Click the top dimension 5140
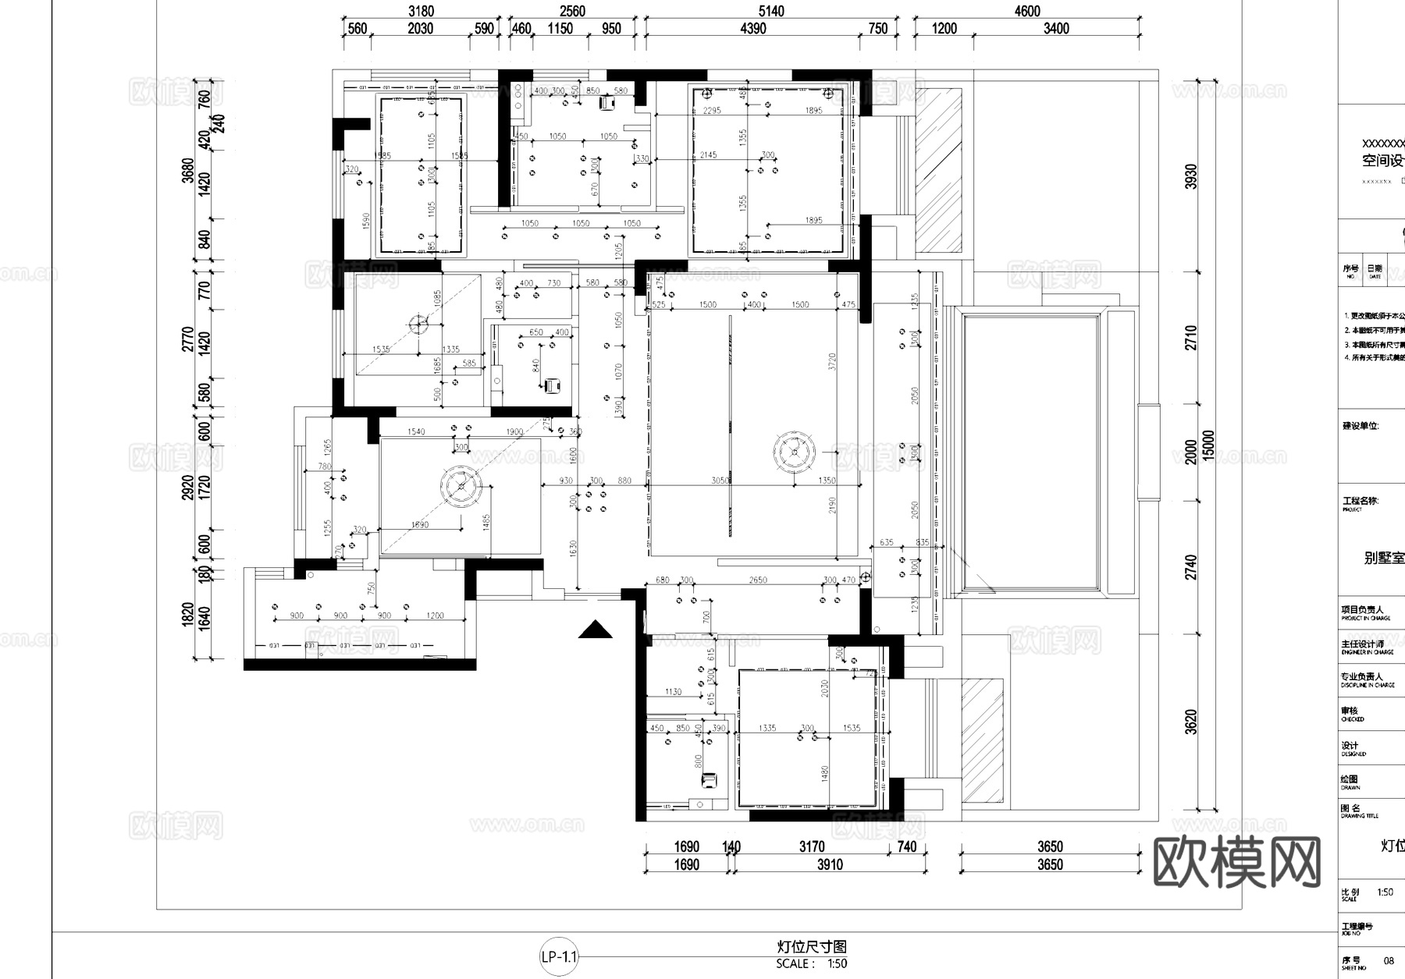pos(770,11)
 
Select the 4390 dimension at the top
pos(752,29)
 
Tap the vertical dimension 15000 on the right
pos(1209,446)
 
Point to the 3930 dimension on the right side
pos(1190,177)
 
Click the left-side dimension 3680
pos(188,170)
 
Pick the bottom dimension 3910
pos(829,864)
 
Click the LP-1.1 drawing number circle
pos(559,956)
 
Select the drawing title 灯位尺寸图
pos(812,946)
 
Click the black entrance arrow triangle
pos(595,630)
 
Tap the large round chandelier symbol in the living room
pos(795,451)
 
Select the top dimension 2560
pos(572,11)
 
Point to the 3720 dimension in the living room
pos(832,361)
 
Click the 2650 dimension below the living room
pos(757,580)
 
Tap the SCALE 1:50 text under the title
pos(812,963)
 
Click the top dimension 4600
pos(1027,11)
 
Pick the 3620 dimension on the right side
pos(1190,722)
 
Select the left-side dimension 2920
pos(188,488)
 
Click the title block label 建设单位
pos(1360,426)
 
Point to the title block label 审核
pos(1350,711)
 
